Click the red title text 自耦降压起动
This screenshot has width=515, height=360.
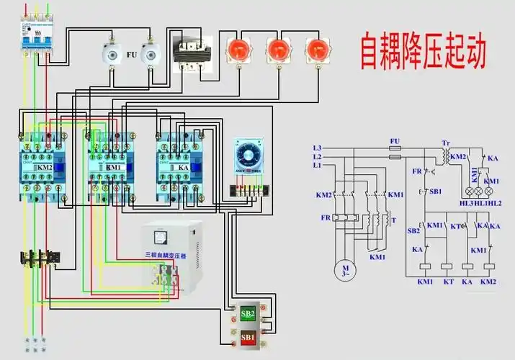pos(424,50)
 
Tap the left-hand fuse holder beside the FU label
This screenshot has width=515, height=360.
pos(111,53)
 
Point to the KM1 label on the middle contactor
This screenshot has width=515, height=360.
pos(113,167)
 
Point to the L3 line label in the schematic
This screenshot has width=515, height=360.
pos(317,148)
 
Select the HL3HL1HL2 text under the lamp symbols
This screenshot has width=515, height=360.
pos(480,204)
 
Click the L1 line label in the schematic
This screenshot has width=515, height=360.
pos(317,166)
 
